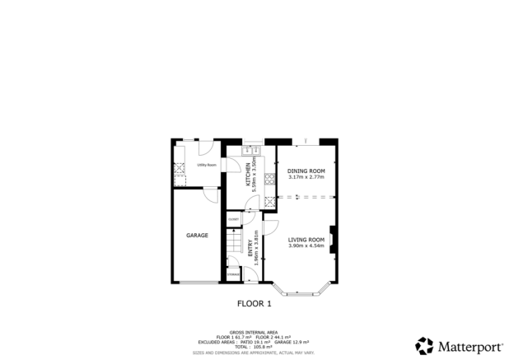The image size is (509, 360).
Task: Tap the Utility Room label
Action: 206,166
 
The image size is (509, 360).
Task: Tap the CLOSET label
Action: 234,218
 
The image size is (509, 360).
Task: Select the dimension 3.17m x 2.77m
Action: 306,177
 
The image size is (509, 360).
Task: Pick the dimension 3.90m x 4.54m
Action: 306,246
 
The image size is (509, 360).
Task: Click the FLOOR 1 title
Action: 254,303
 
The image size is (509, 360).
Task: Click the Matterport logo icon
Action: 425,345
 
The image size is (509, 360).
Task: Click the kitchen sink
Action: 251,151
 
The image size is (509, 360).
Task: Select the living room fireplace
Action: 331,240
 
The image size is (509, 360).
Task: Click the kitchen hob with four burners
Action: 269,203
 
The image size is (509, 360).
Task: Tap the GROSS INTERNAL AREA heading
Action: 254,332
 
